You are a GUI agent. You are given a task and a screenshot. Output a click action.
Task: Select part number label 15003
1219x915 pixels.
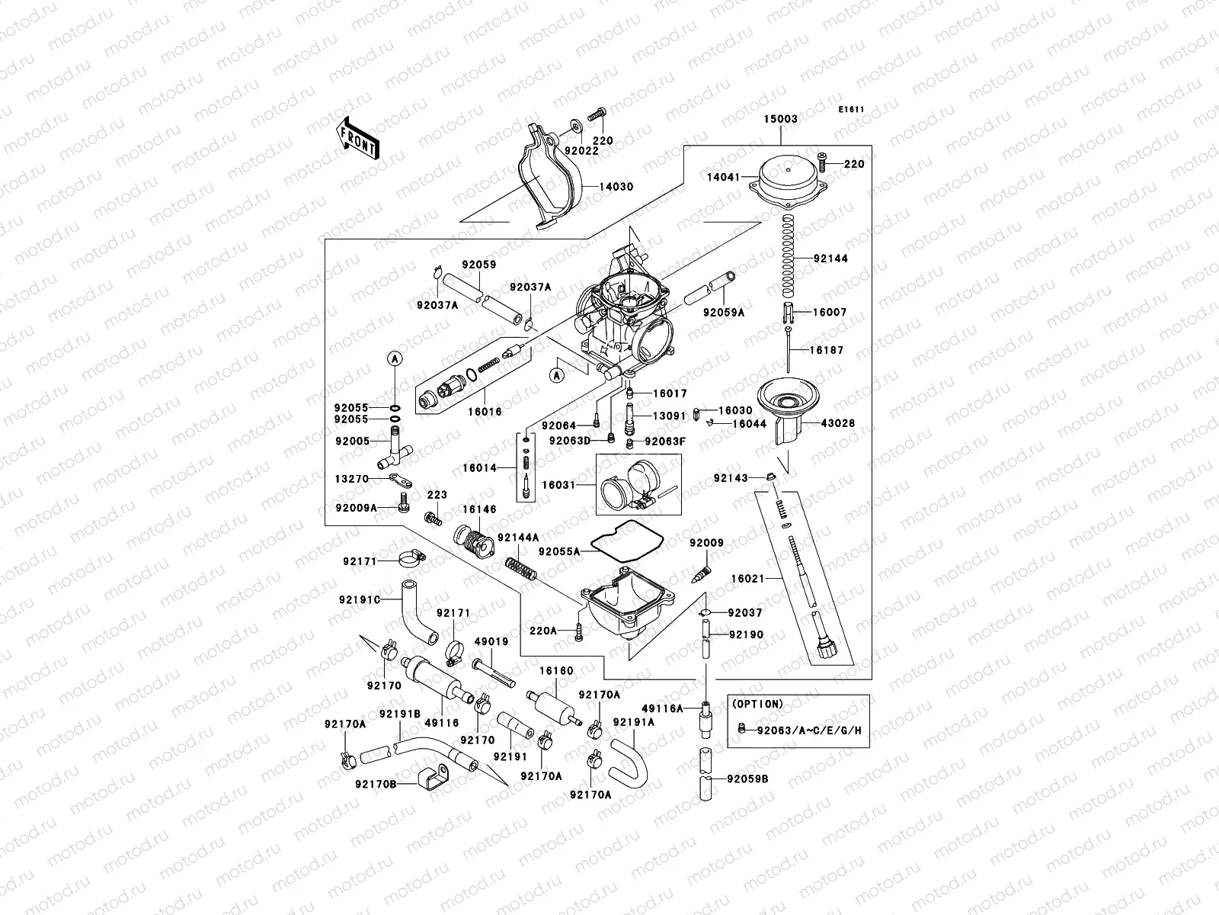coord(781,119)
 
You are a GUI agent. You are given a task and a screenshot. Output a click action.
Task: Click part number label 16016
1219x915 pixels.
coord(486,411)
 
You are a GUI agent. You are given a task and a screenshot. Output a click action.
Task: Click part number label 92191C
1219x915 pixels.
coord(360,599)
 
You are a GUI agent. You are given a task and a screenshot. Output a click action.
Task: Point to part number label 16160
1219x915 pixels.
coord(556,671)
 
